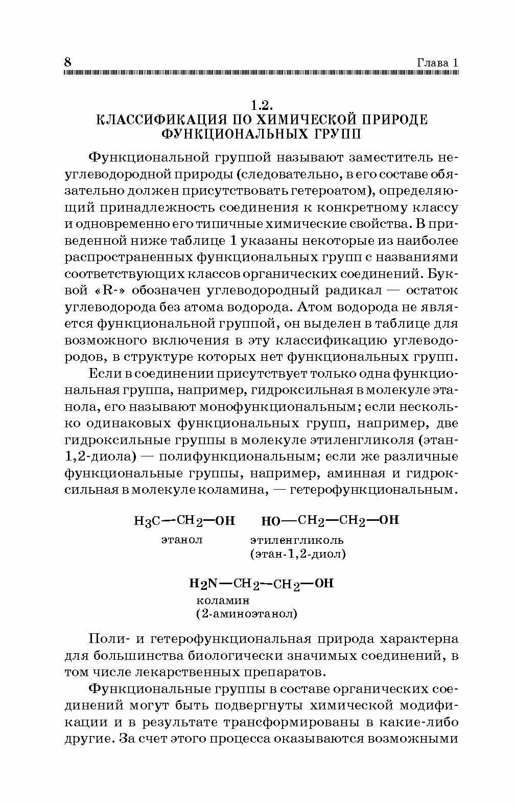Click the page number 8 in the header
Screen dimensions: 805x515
[67, 62]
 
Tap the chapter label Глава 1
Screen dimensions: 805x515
[438, 63]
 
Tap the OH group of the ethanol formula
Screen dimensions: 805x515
[225, 521]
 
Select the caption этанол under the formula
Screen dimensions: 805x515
[182, 539]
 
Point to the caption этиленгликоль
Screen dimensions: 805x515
[297, 540]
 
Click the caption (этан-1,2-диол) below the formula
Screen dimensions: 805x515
[298, 554]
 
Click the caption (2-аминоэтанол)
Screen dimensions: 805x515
[246, 614]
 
